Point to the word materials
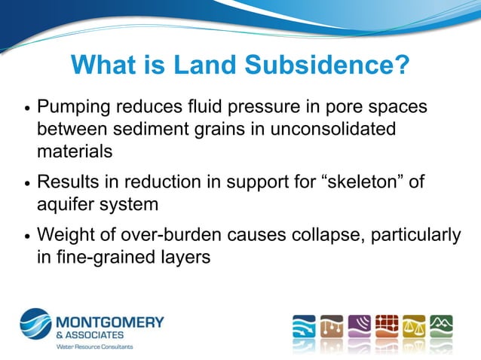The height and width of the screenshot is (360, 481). tap(75, 151)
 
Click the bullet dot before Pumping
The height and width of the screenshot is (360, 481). tap(26, 108)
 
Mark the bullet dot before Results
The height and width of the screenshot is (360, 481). tap(26, 183)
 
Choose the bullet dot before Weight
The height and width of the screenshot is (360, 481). tap(26, 236)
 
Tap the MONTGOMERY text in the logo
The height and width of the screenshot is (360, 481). tap(111, 322)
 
